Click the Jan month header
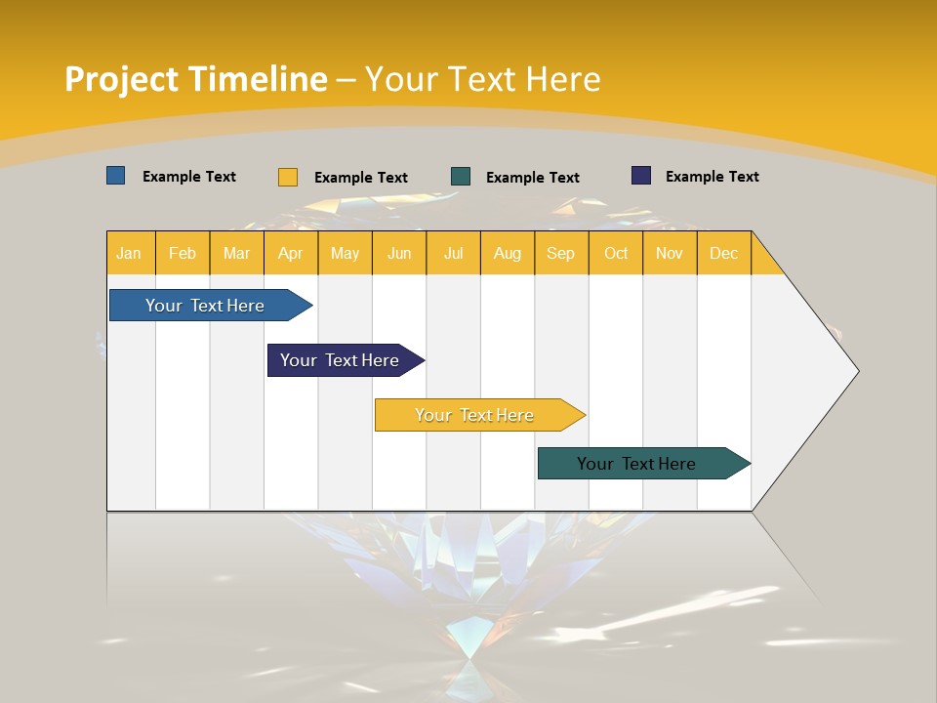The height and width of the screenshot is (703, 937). click(130, 253)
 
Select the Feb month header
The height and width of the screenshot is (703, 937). click(183, 253)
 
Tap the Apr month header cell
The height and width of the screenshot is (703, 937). click(291, 253)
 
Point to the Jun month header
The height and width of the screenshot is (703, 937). click(399, 253)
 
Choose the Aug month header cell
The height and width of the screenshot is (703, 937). click(508, 253)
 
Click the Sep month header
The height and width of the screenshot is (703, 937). click(561, 253)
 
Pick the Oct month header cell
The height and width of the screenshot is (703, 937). click(616, 253)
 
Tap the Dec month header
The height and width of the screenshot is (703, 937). click(724, 253)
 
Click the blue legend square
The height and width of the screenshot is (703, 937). click(116, 176)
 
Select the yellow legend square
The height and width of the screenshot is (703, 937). click(288, 177)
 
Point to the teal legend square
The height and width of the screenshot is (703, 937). click(461, 177)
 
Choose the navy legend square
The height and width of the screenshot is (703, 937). click(641, 176)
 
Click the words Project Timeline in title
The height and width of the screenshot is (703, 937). click(196, 78)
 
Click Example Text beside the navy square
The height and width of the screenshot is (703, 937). click(712, 176)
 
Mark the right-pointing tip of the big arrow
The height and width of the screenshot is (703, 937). click(856, 370)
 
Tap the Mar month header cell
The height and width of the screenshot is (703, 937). click(236, 253)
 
